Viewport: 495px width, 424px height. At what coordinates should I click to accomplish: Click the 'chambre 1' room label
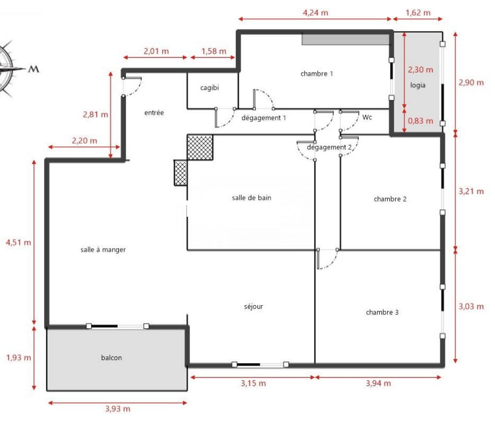click(x=317, y=74)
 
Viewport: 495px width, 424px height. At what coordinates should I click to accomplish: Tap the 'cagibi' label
click(x=209, y=88)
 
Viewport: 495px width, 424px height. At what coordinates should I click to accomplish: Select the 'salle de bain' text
click(x=251, y=198)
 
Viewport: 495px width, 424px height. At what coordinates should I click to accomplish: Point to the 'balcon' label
click(x=111, y=357)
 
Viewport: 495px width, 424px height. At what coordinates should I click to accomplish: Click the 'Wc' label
click(x=367, y=117)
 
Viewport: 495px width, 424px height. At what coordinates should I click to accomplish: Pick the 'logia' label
click(x=418, y=85)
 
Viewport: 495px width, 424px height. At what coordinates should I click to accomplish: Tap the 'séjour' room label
click(x=253, y=306)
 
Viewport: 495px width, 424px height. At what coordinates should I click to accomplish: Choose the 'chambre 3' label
click(x=382, y=312)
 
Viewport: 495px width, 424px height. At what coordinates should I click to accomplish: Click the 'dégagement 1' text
click(x=263, y=118)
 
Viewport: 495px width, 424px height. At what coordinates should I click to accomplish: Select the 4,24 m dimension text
click(x=315, y=13)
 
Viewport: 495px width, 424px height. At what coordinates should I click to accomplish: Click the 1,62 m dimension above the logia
click(x=418, y=13)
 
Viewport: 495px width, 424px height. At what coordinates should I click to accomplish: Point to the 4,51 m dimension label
click(x=18, y=243)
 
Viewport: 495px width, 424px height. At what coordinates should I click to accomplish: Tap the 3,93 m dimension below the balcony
click(x=118, y=409)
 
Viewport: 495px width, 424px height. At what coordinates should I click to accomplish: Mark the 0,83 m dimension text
click(x=420, y=121)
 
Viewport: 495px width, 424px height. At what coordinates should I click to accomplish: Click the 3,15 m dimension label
click(x=253, y=384)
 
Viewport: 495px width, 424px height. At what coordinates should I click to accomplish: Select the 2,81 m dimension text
click(x=95, y=114)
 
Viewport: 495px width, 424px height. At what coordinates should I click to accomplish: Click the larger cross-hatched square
click(x=200, y=147)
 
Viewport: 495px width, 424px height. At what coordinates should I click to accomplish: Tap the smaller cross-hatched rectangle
click(x=181, y=173)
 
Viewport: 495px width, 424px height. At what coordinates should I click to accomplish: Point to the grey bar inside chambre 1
click(x=345, y=39)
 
